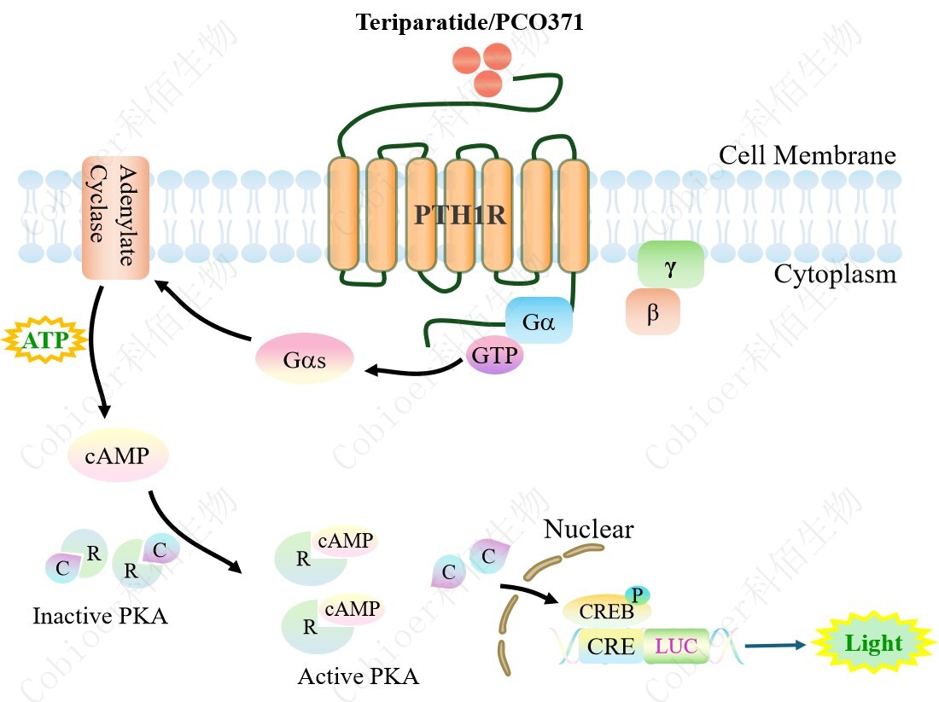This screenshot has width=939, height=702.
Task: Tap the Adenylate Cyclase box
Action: point(115,217)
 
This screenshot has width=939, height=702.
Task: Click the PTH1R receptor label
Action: point(460,214)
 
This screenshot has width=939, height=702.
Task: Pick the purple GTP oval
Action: point(495,355)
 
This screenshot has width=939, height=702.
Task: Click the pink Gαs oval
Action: point(305,359)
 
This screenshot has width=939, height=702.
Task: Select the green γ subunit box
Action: point(670,264)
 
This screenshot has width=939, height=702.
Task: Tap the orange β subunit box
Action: point(653,312)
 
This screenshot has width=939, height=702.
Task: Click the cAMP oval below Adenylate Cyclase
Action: point(117,455)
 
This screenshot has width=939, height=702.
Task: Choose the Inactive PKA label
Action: point(100,616)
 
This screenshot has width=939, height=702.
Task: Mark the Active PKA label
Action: point(359,677)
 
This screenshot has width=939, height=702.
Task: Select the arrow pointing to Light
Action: point(774,646)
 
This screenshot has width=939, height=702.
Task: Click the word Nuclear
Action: point(589,530)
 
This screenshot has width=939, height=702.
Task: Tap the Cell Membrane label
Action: point(807,156)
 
